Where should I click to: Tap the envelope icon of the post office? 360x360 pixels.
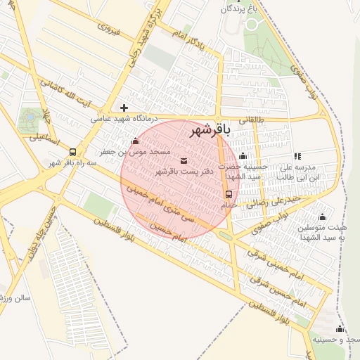184,161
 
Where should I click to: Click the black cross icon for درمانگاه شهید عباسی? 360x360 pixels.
124,108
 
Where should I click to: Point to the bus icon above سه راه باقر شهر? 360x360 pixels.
72,152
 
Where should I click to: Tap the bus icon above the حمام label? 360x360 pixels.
229,194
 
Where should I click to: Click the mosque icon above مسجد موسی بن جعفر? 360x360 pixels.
135,141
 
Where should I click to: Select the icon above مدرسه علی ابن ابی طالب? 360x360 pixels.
297,156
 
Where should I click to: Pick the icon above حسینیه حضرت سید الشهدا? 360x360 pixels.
243,156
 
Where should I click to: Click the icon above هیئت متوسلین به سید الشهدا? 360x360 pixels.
322,217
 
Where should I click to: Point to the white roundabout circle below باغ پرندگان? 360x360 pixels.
252,25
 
